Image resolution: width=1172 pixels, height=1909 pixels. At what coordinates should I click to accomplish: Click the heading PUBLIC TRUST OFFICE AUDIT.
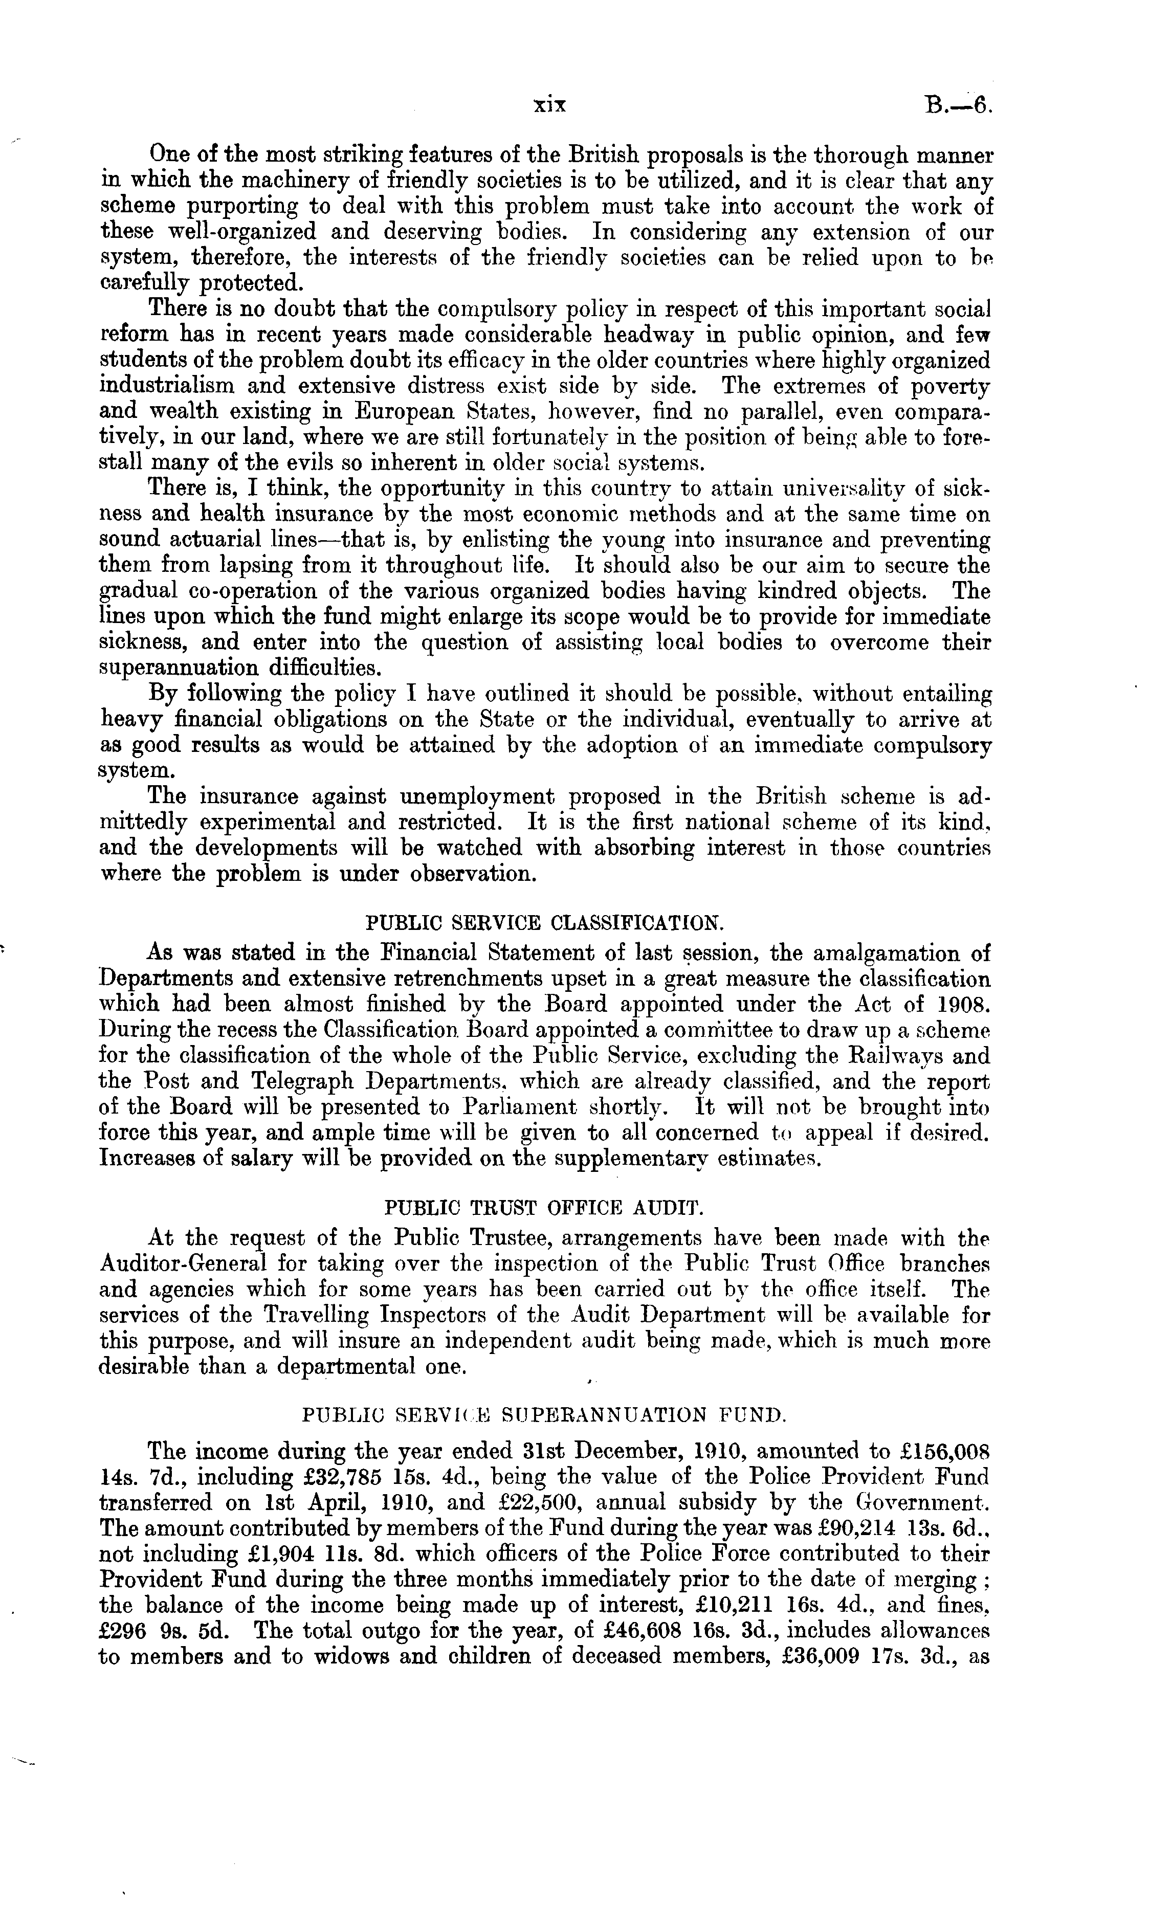pyautogui.click(x=545, y=1208)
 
